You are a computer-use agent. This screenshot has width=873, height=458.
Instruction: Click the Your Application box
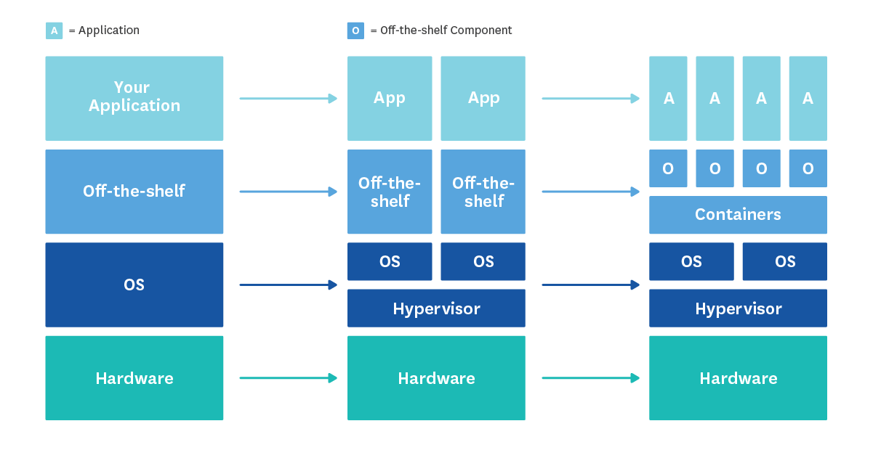click(134, 98)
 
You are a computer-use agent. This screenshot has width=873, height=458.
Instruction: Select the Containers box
click(738, 215)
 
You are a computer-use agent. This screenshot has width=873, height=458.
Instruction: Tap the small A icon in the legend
click(54, 30)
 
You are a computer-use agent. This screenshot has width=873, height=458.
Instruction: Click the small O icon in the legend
click(355, 30)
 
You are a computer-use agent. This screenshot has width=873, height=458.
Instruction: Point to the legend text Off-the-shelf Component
click(441, 30)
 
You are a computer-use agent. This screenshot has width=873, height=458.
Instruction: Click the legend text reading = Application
click(103, 30)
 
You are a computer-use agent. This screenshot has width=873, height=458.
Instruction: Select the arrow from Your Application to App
click(288, 99)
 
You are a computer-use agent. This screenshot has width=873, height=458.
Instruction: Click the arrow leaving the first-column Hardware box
click(288, 378)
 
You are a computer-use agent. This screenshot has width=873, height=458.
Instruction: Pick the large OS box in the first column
click(134, 285)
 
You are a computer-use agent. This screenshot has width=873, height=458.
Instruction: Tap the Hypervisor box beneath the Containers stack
click(738, 308)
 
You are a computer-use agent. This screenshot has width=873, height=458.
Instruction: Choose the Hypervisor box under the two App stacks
click(436, 308)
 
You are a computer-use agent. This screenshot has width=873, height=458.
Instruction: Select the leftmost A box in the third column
click(668, 98)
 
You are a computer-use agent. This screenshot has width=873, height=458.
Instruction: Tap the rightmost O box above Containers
click(808, 168)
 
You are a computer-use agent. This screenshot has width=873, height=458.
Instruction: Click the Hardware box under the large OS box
click(134, 378)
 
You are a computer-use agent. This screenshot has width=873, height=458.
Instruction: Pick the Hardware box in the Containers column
click(738, 378)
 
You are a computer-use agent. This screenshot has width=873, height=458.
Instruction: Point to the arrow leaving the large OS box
click(288, 285)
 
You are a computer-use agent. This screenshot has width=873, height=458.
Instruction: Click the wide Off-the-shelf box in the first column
click(134, 192)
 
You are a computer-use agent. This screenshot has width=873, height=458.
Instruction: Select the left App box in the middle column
click(390, 98)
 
